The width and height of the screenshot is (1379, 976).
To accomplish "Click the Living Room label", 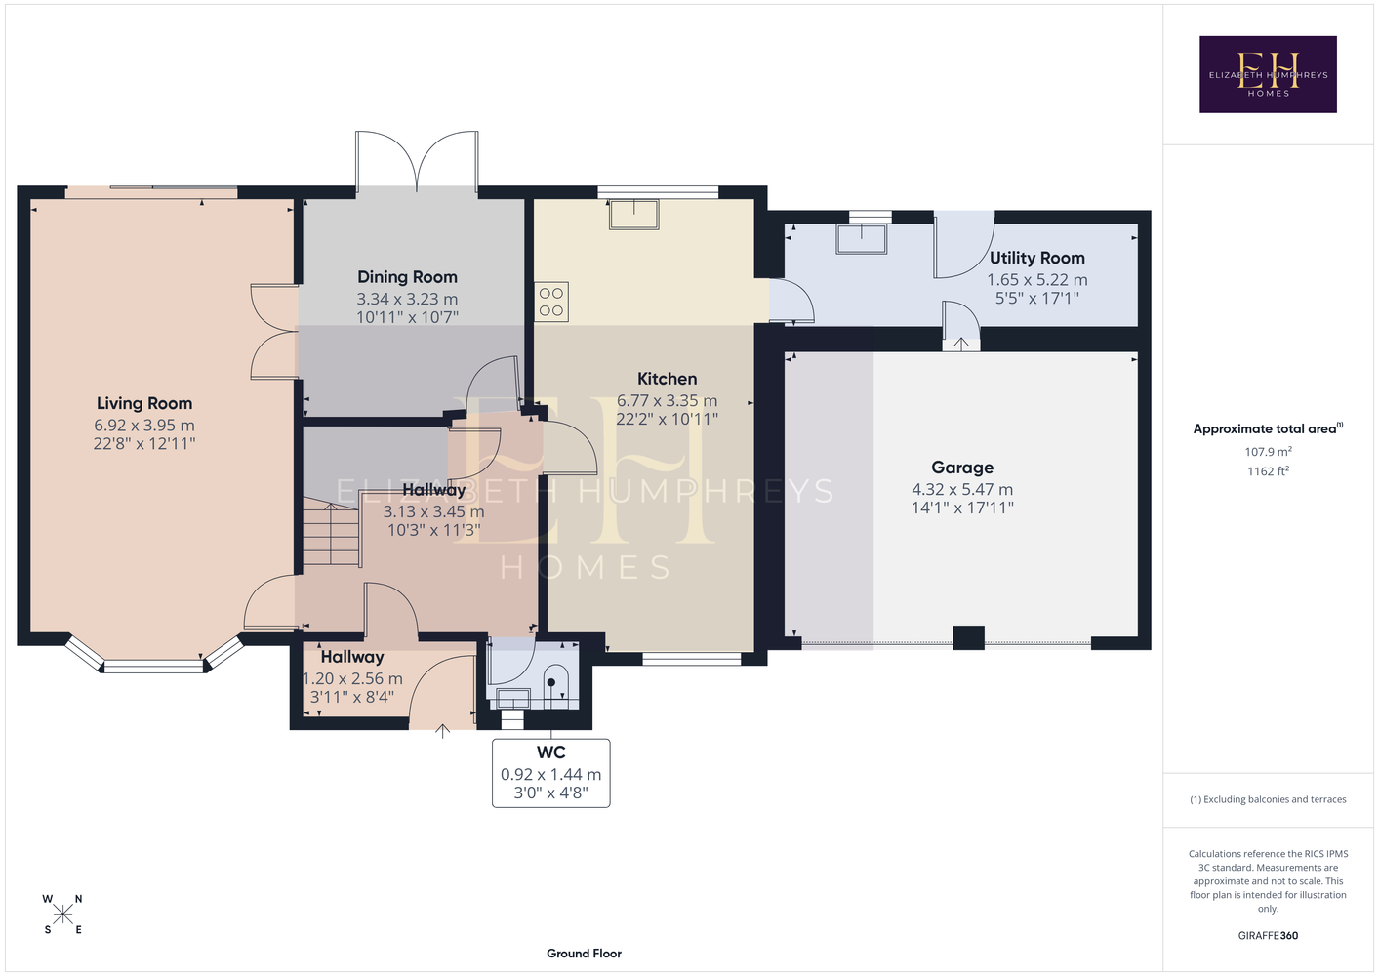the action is [144, 403].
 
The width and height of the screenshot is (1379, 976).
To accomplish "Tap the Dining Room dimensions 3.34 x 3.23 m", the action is [408, 300].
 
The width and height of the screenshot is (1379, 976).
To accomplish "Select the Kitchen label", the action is [668, 379].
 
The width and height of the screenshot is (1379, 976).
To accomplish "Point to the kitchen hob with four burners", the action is [551, 302].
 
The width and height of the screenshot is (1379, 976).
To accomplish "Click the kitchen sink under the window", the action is [634, 215].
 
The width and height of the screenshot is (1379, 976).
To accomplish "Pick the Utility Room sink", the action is [861, 239].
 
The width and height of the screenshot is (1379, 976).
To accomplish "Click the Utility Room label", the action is [1037, 258].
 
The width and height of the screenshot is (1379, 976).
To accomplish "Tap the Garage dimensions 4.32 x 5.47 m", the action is [962, 490].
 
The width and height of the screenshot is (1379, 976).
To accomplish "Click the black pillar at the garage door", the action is [968, 637].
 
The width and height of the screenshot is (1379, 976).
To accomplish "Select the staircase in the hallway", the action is [331, 533].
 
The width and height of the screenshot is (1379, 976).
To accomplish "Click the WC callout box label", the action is [551, 752].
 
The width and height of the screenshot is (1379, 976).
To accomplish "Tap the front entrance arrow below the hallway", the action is [443, 731].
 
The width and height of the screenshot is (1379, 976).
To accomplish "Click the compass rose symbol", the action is [62, 915].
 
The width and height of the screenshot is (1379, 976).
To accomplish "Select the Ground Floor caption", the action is [585, 954].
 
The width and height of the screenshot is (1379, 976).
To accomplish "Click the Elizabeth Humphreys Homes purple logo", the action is [1268, 74].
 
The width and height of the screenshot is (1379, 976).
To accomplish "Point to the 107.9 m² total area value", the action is [1268, 451].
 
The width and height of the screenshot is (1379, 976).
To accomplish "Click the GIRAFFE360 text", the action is [1268, 935].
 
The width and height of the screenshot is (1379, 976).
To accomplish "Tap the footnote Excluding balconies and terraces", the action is [1268, 799].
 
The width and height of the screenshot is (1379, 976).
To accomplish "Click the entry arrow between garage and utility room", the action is [961, 344].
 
